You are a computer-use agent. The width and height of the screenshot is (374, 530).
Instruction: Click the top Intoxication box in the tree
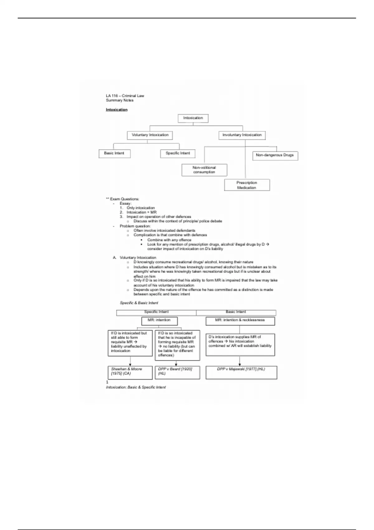(x=193, y=118)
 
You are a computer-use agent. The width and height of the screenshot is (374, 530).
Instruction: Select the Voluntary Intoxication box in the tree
(x=150, y=135)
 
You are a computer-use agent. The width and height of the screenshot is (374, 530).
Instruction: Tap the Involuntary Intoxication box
(x=242, y=135)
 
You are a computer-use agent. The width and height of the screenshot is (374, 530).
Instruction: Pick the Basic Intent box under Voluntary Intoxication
(x=114, y=153)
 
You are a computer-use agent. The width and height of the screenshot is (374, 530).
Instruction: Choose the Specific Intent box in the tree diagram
(x=178, y=153)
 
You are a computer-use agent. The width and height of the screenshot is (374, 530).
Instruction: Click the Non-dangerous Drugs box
(x=275, y=155)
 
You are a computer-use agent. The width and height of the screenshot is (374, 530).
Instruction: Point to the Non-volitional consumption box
(x=204, y=170)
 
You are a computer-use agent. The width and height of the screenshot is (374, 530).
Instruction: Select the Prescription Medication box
(x=247, y=185)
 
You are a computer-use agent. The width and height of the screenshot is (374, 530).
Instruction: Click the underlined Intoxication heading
(x=117, y=110)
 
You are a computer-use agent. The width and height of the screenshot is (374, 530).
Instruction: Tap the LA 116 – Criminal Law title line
(x=125, y=96)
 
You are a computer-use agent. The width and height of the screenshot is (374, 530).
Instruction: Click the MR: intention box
(x=159, y=320)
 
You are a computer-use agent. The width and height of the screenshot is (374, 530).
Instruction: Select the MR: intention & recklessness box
(x=240, y=320)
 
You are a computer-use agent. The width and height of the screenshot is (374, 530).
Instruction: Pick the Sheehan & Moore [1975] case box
(x=130, y=372)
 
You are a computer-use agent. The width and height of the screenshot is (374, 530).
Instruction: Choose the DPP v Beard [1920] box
(x=177, y=372)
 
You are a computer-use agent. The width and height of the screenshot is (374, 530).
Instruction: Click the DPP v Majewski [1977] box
(x=241, y=372)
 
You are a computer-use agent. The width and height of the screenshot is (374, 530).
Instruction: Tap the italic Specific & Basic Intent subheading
(x=139, y=303)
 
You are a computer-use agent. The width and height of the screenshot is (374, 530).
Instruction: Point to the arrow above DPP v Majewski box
(x=240, y=361)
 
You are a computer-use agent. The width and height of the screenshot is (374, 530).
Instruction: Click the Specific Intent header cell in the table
(x=156, y=312)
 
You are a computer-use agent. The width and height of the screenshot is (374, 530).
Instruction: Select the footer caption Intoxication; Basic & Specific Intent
(x=136, y=387)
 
